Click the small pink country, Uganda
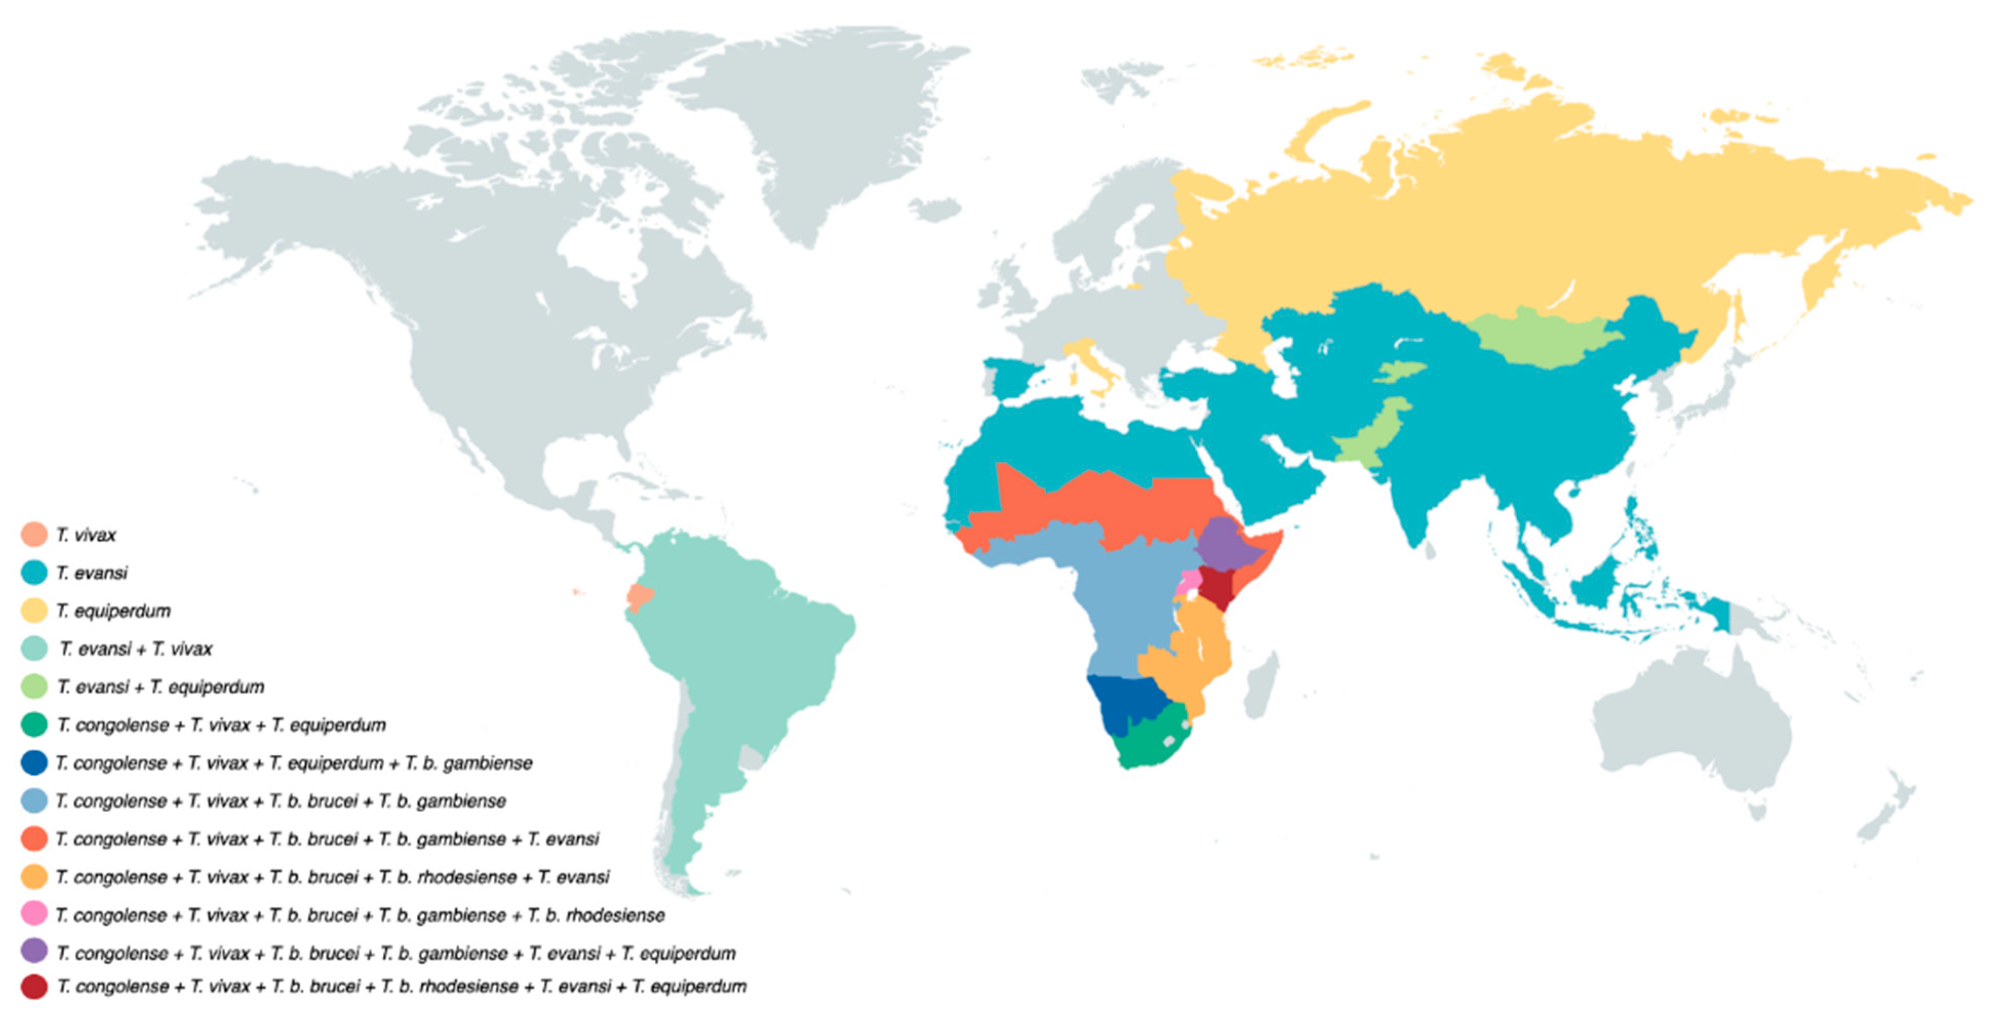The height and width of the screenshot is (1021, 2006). pos(1190,581)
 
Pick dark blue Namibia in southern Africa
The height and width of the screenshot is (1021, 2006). pos(1122,701)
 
